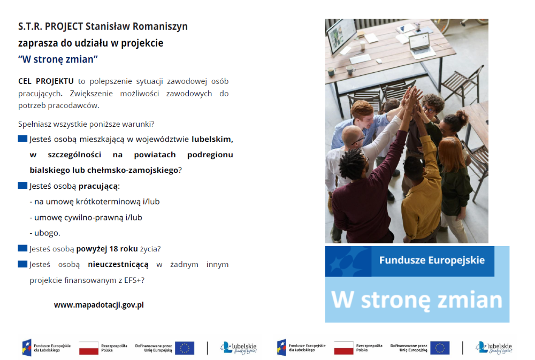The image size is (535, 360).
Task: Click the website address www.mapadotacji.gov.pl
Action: point(99,305)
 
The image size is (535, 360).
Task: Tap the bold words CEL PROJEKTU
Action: point(45,81)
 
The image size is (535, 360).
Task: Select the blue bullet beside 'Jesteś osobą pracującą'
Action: point(22,186)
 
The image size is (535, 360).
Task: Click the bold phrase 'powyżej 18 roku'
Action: point(107,249)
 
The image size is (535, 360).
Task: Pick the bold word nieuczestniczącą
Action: point(118,264)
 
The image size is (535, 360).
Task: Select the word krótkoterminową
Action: point(108,202)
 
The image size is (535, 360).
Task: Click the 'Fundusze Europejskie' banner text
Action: point(432,260)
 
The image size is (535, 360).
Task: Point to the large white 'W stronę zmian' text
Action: point(417,300)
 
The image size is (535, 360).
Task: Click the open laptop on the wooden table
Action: point(421,45)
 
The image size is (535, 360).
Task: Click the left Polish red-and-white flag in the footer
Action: point(89,348)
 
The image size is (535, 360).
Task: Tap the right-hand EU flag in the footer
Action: point(440,348)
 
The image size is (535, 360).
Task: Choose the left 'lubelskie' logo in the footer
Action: point(239,348)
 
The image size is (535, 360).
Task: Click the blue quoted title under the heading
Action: point(58,59)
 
